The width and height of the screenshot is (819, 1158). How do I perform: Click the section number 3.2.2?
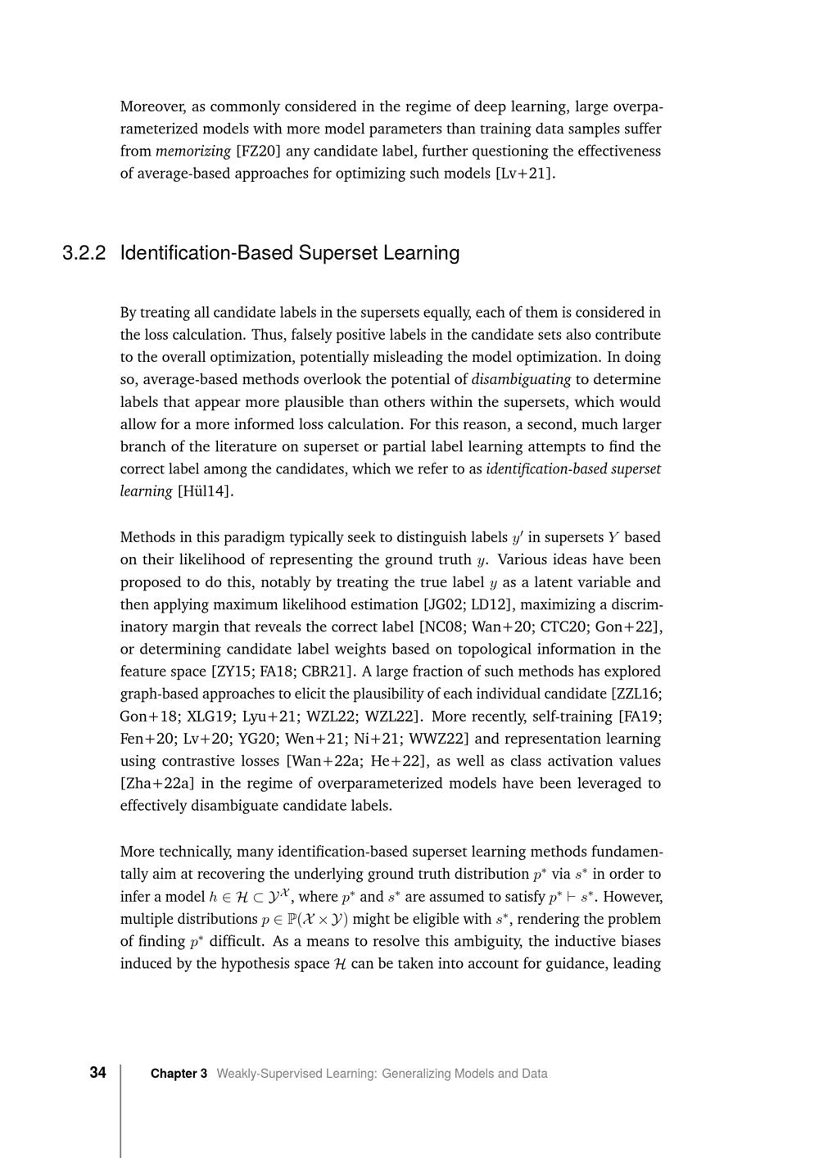[84, 253]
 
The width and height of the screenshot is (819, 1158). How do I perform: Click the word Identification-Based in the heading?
[206, 253]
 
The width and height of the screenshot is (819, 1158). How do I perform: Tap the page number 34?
[97, 1073]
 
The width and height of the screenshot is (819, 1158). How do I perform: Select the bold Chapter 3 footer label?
[179, 1074]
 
